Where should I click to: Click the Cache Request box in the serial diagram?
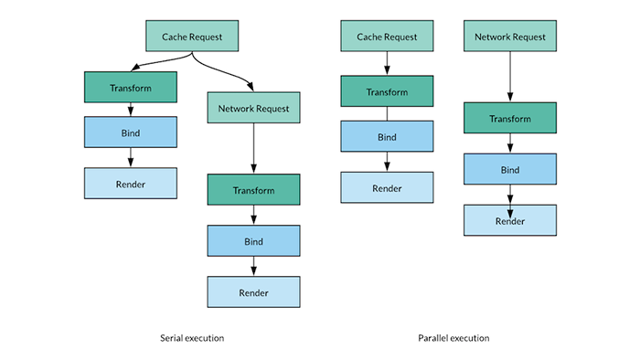pyautogui.click(x=192, y=37)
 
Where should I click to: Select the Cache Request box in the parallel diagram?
pyautogui.click(x=386, y=37)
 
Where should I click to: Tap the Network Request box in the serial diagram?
pyautogui.click(x=253, y=108)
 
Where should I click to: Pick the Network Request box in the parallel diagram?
pyautogui.click(x=509, y=37)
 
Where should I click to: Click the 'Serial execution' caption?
pyautogui.click(x=192, y=338)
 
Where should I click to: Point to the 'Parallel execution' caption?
pyautogui.click(x=453, y=338)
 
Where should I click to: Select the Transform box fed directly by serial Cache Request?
pyautogui.click(x=131, y=88)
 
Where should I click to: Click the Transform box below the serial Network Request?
pyautogui.click(x=253, y=190)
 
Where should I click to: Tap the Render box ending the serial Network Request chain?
pyautogui.click(x=253, y=292)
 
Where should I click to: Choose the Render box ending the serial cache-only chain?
pyautogui.click(x=131, y=183)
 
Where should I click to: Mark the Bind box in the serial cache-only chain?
pyautogui.click(x=131, y=132)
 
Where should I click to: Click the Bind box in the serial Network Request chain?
pyautogui.click(x=253, y=241)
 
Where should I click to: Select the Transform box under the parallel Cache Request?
pyautogui.click(x=386, y=92)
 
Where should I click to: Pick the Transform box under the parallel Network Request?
pyautogui.click(x=509, y=119)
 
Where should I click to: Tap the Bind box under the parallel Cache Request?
pyautogui.click(x=386, y=136)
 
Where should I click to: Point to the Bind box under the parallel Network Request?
pyautogui.click(x=509, y=169)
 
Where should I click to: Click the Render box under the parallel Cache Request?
pyautogui.click(x=386, y=187)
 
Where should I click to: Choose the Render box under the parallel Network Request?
pyautogui.click(x=509, y=220)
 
